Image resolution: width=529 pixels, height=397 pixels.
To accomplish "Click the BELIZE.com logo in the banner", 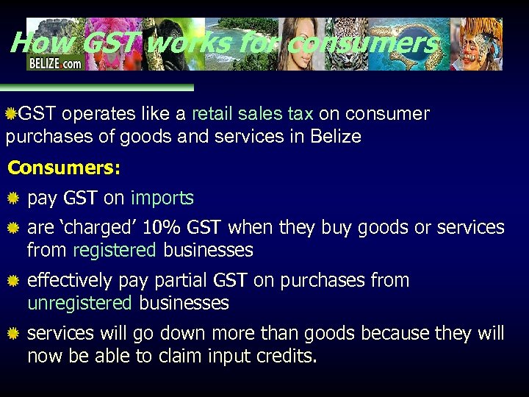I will coord(55,62).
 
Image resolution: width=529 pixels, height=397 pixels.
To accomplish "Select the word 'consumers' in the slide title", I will coord(363,43).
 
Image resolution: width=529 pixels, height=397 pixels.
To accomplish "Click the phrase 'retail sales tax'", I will coord(252,114).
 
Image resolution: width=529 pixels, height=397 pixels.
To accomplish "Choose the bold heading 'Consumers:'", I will coord(64,168).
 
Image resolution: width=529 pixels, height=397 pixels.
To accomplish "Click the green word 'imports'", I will coord(162,198).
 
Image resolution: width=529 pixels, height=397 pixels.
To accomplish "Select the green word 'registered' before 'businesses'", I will coord(114,251).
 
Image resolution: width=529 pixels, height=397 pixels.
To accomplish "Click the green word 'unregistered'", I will coord(79,303).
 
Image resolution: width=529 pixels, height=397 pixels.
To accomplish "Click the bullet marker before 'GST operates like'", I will coord(11,114).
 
